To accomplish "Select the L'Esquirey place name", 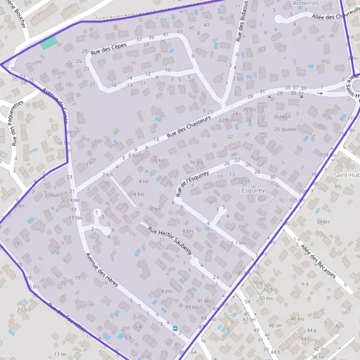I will pos(251,190).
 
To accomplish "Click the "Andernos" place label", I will pos(305,3).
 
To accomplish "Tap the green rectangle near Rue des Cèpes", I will pos(49,43).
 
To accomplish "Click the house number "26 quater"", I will pos(286,128).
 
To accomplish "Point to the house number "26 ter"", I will pos(280,116).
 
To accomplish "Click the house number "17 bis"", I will pos(24,310).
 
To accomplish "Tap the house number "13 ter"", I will pos(60,355).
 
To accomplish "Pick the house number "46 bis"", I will pos(298,319).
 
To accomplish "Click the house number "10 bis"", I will pos(158,160).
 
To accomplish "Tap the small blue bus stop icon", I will pos(175,329).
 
